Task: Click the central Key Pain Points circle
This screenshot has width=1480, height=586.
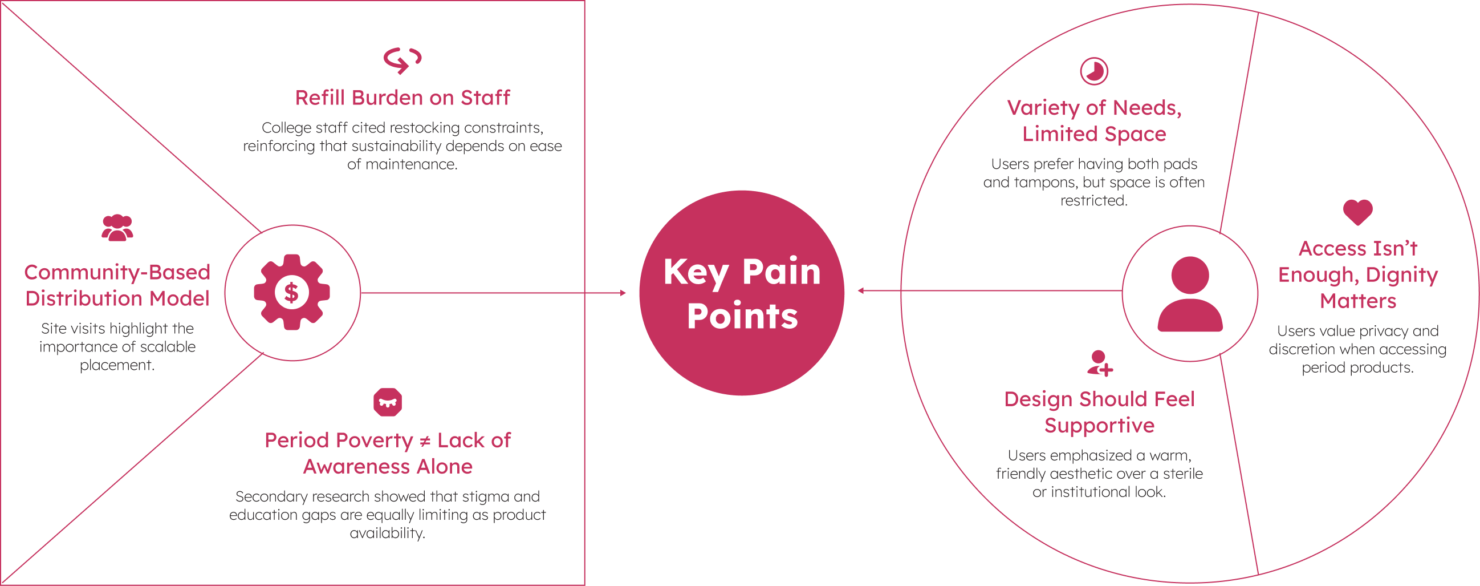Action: coord(741,293)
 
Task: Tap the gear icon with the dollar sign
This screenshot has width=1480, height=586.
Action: coord(292,292)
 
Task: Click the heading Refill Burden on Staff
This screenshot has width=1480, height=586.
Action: coord(402,98)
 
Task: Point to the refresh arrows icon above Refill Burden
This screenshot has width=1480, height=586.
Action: coord(402,60)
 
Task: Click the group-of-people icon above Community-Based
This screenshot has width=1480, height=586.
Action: coord(117,228)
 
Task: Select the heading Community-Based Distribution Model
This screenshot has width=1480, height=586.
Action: coord(117,285)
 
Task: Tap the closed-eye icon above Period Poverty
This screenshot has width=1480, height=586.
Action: coord(387,402)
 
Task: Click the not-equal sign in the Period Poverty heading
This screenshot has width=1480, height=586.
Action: coord(425,441)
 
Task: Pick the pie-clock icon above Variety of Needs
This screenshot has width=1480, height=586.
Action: coord(1093,71)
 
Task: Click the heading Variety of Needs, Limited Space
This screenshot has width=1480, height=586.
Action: coord(1094,121)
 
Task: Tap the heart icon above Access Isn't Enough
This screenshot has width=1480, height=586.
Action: coord(1357,212)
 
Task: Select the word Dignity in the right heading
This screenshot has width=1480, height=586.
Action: coord(1401,276)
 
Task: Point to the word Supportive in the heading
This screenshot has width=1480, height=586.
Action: coord(1099,426)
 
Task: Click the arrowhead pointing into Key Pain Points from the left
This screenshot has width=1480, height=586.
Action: coord(623,293)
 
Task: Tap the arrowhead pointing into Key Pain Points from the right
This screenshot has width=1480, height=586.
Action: coord(861,291)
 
